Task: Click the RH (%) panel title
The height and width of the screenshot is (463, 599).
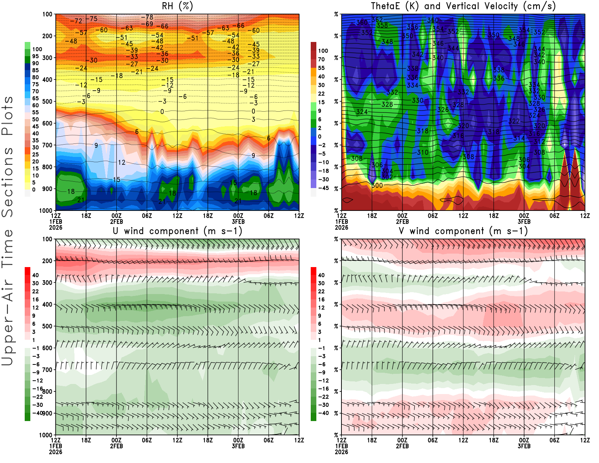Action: coord(177,6)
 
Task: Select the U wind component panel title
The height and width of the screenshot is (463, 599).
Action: coord(177,231)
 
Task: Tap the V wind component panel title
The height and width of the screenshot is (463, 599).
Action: coord(463,231)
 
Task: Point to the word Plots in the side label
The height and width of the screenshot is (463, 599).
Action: coord(7,116)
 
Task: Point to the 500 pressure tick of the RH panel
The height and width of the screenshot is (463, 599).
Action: coord(47,102)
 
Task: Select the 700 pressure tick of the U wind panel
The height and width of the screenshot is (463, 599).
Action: coord(47,370)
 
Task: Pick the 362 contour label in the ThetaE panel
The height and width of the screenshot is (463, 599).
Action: coord(377,19)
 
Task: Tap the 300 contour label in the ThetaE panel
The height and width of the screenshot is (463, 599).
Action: coord(377,185)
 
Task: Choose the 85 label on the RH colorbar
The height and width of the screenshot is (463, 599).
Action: coord(35,70)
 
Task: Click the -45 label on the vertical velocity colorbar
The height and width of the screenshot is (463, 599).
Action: coord(323,188)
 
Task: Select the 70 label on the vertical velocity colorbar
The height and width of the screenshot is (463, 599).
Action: coord(321,59)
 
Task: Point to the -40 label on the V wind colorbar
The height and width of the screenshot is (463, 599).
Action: coord(323,413)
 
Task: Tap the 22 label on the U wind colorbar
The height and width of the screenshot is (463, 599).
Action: coord(35,291)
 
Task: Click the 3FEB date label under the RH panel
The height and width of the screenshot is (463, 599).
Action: coord(238,221)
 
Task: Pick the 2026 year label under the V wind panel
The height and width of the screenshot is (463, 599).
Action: coord(341,452)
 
